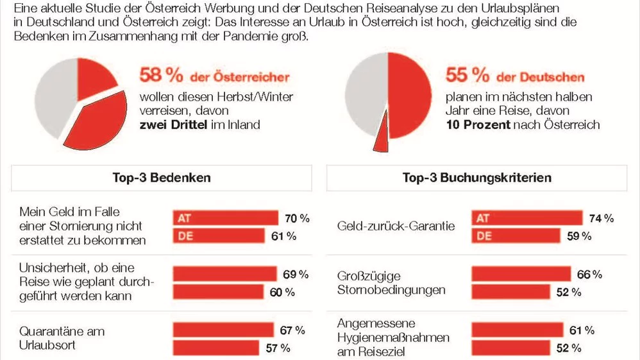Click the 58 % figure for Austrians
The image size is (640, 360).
[162, 76]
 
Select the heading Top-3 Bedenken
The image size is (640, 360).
[162, 178]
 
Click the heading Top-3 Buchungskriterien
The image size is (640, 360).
[476, 178]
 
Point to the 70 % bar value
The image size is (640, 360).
[296, 218]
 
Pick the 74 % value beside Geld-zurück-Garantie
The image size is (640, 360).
[601, 218]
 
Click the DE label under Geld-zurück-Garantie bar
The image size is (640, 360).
[484, 236]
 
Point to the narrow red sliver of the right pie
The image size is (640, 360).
[382, 137]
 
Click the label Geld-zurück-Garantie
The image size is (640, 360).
[396, 226]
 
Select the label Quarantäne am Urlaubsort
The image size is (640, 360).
[62, 339]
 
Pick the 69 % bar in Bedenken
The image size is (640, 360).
[224, 275]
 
